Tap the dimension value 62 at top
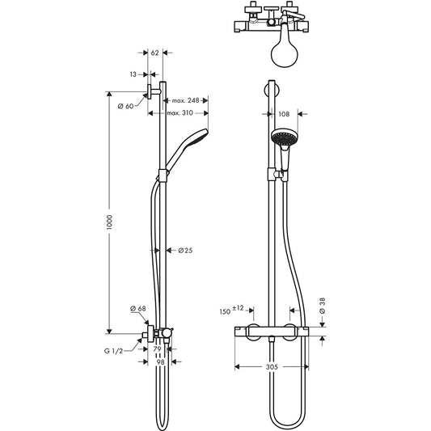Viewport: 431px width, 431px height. pyautogui.click(x=155, y=53)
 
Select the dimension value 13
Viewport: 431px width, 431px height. pyautogui.click(x=133, y=74)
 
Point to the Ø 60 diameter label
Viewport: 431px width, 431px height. pyautogui.click(x=125, y=106)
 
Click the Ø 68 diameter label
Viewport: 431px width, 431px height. pyautogui.click(x=137, y=309)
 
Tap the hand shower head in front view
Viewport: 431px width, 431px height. pyautogui.click(x=283, y=141)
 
